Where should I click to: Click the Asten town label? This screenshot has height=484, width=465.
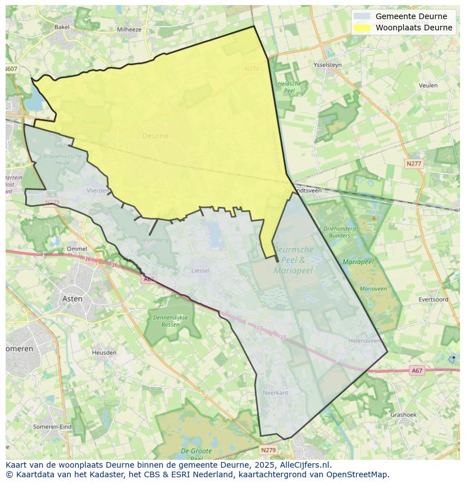click(x=72, y=298)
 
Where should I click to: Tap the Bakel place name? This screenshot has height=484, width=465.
click(x=62, y=26)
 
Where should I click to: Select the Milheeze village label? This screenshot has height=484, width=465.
click(x=129, y=29)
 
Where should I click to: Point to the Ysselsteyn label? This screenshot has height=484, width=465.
click(x=327, y=65)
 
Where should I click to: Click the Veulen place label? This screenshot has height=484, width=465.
click(x=428, y=85)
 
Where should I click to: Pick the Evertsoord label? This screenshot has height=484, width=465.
click(x=433, y=300)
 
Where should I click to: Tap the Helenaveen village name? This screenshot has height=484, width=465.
click(x=364, y=341)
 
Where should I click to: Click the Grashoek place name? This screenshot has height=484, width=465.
click(x=403, y=415)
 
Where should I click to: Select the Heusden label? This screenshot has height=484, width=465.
click(x=104, y=352)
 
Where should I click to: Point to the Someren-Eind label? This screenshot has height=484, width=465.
click(x=52, y=427)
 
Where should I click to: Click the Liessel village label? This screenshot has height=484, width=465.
click(x=200, y=270)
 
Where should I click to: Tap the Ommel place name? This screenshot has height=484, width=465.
click(x=77, y=248)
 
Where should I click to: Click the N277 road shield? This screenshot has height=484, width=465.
click(x=413, y=164)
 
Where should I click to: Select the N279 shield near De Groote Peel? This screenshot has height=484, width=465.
click(x=268, y=450)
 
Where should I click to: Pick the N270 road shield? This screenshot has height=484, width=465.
click(x=252, y=69)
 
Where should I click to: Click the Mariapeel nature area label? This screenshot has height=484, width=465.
click(x=358, y=262)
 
